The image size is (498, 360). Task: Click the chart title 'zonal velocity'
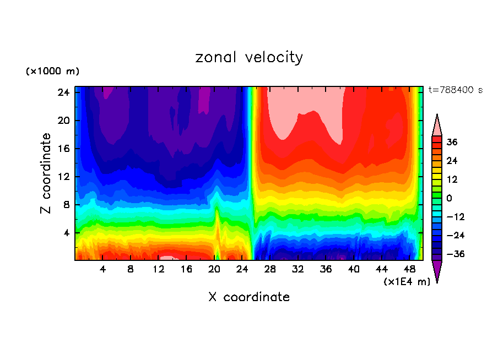[x=249, y=57]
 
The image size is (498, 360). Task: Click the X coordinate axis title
[x=249, y=297]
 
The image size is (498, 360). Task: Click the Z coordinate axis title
[x=46, y=173]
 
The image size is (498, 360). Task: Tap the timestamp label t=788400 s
[x=456, y=90]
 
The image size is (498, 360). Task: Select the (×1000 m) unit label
[x=52, y=72]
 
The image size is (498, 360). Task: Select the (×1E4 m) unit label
[x=407, y=282]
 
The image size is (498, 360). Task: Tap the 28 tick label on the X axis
[x=270, y=270]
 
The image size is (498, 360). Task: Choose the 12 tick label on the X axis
[x=159, y=270]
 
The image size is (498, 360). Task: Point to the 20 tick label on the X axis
[x=214, y=270]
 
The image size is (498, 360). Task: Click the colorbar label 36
[x=452, y=143]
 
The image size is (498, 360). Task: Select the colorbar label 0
[x=450, y=198]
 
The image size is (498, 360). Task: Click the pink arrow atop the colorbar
[x=437, y=125]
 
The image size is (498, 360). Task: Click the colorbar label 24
[x=452, y=161]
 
